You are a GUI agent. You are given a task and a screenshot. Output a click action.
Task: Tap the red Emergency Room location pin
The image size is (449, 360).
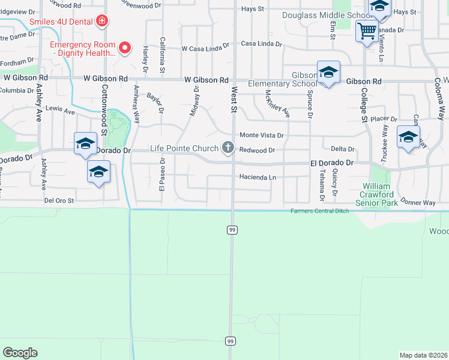(x=125, y=47)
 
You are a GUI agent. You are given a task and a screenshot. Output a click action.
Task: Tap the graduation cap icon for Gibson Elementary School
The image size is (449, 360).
(x=328, y=73)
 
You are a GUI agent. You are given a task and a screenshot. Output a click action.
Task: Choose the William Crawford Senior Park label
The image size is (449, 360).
(x=377, y=195)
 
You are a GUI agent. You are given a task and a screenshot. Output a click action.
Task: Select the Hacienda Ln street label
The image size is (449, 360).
(x=257, y=178)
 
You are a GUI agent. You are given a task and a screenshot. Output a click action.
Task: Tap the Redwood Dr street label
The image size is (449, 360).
(x=256, y=151)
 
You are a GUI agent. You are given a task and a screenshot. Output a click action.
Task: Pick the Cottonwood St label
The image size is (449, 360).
(x=103, y=114)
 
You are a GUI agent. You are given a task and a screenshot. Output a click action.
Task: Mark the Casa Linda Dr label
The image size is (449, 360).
(x=261, y=44)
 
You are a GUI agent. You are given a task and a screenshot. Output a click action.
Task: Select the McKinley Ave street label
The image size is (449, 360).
(x=277, y=104)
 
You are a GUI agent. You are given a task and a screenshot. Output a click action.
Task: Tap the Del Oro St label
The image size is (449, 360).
(x=59, y=201)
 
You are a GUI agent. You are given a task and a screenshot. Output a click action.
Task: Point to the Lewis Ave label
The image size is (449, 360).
(x=60, y=112)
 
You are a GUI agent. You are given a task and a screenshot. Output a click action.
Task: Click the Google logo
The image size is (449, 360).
(x=20, y=353)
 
